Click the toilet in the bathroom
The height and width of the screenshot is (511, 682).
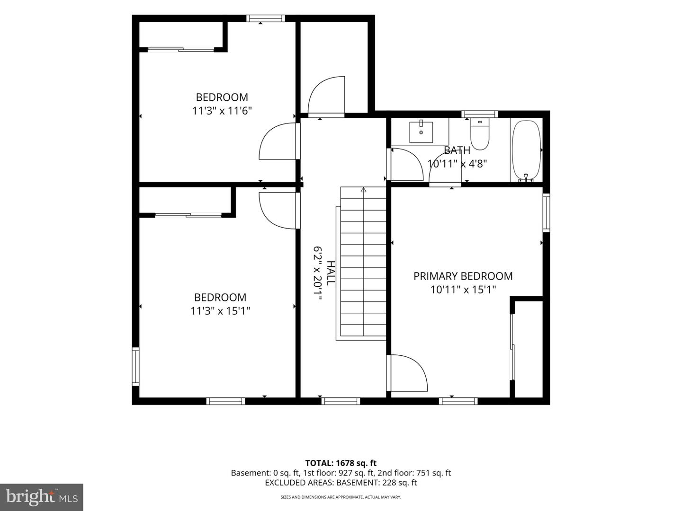coord(480,134)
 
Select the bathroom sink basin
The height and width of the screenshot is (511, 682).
coord(421,132)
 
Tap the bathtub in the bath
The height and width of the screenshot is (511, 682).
coord(526,150)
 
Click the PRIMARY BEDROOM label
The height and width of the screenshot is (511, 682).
coord(463,276)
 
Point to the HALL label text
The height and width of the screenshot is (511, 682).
coord(331,273)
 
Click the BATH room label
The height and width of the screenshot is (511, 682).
coord(457,150)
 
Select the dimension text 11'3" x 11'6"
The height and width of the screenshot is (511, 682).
coord(222,111)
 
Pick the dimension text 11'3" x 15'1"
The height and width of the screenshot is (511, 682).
coord(220,310)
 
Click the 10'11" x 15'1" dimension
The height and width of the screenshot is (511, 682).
coord(463,290)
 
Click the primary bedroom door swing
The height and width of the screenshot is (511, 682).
coord(407,373)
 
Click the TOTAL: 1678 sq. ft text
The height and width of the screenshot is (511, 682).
coord(341,463)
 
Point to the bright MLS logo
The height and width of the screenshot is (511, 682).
coord(42,497)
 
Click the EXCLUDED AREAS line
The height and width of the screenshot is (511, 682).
coord(341,483)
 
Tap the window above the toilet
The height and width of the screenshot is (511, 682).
coord(480,114)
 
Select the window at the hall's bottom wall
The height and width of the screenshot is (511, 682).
coord(341,401)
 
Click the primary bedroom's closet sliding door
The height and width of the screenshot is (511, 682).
coord(512,346)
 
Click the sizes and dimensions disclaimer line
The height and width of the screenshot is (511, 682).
coord(341,497)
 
